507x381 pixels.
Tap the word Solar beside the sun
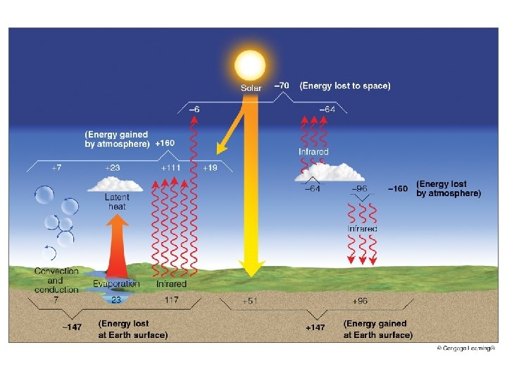pyautogui.click(x=251, y=88)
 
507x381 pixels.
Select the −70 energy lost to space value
pyautogui.click(x=282, y=86)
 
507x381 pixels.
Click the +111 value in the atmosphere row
pyautogui.click(x=171, y=169)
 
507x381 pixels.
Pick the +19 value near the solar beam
pyautogui.click(x=210, y=169)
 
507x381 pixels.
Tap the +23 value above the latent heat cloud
pyautogui.click(x=113, y=169)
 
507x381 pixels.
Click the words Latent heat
pyautogui.click(x=117, y=202)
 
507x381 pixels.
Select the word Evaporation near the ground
pyautogui.click(x=116, y=284)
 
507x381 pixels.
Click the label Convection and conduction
pyautogui.click(x=56, y=280)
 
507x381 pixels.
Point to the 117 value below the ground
pyautogui.click(x=170, y=300)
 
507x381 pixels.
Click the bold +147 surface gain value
pyautogui.click(x=315, y=328)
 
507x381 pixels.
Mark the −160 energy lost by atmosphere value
pyautogui.click(x=398, y=188)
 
